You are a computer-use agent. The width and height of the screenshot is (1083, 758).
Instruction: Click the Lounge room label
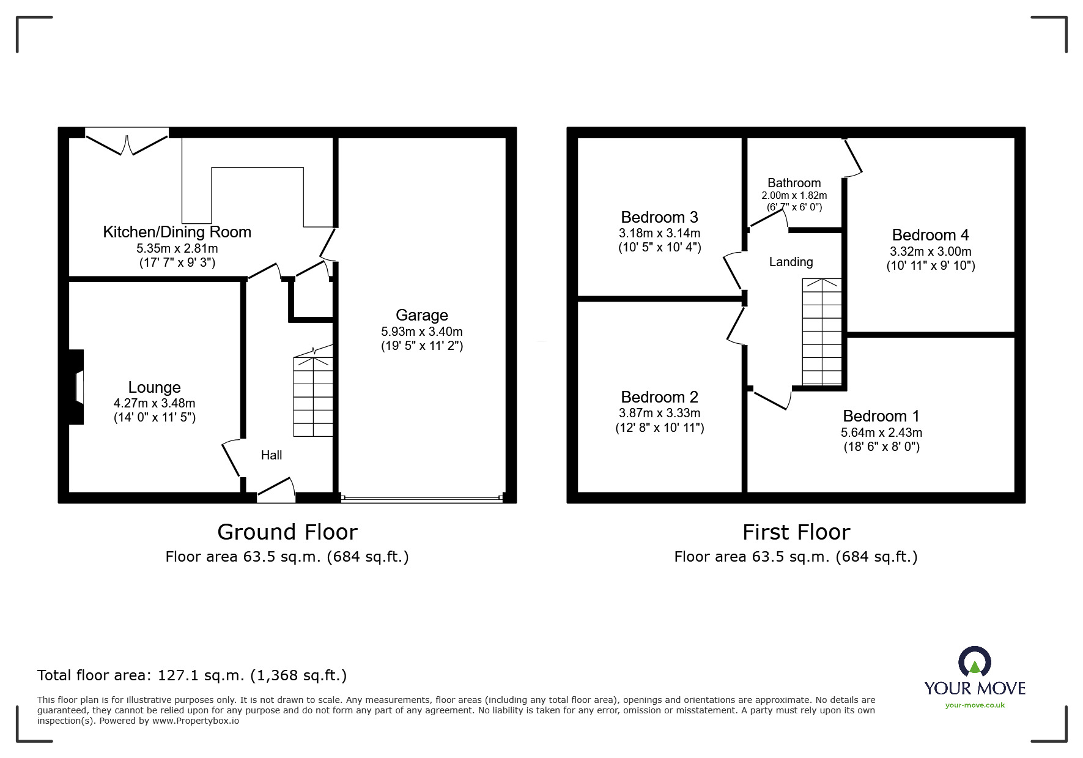[x=154, y=387]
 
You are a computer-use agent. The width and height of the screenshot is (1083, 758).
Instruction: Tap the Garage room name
[x=422, y=315]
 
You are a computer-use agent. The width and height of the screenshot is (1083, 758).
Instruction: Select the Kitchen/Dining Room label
[x=177, y=232]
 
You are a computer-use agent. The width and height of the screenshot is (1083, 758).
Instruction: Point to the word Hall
[x=272, y=455]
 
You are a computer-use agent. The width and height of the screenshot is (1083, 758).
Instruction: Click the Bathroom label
[x=794, y=183]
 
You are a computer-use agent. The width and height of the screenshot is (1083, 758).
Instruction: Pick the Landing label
[x=791, y=262]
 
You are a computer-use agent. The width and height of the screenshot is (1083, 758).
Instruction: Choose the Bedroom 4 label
[x=930, y=235]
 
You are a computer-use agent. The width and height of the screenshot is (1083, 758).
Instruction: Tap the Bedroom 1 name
[x=881, y=416]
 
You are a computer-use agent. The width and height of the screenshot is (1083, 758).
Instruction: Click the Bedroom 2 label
[x=659, y=397]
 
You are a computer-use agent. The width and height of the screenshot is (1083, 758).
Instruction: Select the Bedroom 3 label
[x=659, y=217]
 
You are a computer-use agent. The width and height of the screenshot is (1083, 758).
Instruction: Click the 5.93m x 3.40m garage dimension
[x=422, y=332]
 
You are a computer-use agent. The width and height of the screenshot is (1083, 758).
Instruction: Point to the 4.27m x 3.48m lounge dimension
[x=154, y=403]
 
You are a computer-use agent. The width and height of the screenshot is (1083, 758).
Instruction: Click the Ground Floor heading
[x=287, y=532]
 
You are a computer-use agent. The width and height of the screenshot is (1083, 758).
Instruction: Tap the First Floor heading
[x=796, y=532]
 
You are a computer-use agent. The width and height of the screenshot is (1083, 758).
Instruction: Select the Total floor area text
[x=192, y=675]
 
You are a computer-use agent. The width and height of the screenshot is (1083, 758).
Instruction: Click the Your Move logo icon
[x=975, y=663]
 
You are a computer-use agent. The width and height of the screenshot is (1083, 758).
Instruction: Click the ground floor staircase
[x=313, y=395]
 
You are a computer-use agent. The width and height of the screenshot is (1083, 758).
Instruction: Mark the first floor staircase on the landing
[x=822, y=332]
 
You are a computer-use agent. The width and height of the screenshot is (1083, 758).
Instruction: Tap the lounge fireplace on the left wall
[x=76, y=387]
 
